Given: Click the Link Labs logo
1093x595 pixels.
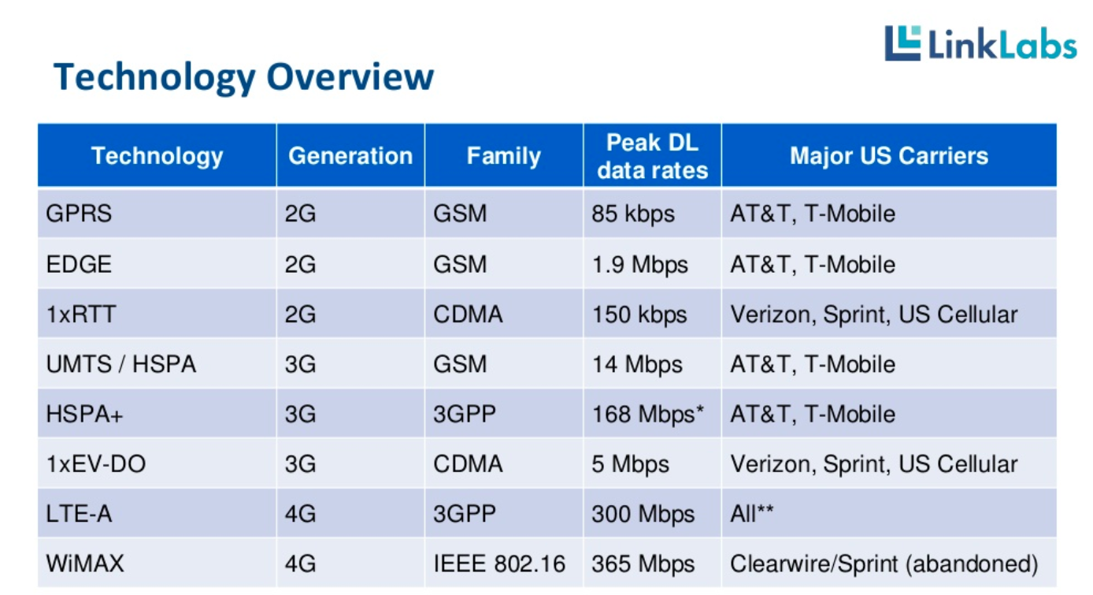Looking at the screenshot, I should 980,43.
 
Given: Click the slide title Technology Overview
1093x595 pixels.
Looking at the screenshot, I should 243,77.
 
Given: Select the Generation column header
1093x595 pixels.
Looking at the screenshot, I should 350,156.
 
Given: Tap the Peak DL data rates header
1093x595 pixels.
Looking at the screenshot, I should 652,156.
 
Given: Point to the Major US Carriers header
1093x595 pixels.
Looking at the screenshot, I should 888,156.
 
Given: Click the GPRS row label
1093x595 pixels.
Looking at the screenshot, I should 80,214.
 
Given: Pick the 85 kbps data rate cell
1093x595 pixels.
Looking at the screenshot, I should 633,214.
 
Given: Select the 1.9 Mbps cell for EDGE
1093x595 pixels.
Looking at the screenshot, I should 639,264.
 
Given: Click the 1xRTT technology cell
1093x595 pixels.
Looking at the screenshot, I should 81,314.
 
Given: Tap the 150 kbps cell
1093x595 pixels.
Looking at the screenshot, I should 639,314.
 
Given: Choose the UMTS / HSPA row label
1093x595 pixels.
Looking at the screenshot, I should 121,364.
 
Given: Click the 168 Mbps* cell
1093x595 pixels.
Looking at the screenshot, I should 647,414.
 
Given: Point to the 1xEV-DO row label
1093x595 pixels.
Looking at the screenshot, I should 96,464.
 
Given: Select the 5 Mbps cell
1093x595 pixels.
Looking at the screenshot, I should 630,464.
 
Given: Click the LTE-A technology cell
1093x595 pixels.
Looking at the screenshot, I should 79,514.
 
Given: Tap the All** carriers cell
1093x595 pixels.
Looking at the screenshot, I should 752,514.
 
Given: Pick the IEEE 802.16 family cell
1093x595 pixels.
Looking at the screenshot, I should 499,564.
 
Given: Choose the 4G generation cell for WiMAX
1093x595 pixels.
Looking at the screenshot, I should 300,564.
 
